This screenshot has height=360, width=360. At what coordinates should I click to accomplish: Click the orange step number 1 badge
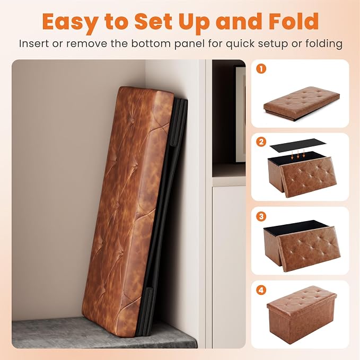(261, 68)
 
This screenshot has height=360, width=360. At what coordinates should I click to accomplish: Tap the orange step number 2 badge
(261, 142)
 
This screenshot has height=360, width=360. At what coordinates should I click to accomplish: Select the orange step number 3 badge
(261, 216)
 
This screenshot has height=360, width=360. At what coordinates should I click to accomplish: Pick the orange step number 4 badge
(261, 290)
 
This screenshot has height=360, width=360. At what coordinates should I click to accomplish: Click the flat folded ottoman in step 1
(302, 103)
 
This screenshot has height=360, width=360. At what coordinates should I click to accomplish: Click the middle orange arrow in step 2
(298, 154)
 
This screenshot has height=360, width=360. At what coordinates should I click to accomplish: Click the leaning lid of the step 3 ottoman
(310, 249)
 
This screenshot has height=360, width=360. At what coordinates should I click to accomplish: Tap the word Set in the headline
(153, 21)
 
